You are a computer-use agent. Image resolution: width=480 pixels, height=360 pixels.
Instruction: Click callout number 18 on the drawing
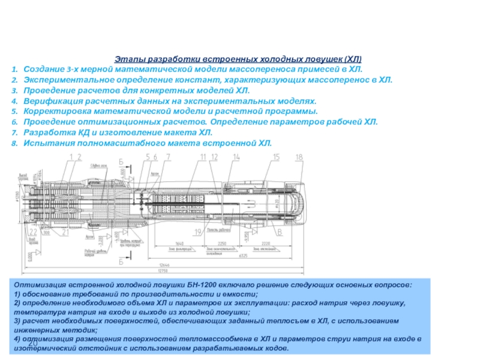(x=299, y=157)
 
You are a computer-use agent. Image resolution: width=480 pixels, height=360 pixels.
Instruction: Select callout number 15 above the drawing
(x=276, y=157)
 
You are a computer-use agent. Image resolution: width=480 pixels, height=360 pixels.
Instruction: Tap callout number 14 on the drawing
(x=236, y=157)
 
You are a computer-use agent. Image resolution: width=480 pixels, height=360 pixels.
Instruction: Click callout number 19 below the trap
(x=197, y=230)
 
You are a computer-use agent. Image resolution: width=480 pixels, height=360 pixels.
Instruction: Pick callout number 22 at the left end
(x=34, y=232)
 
